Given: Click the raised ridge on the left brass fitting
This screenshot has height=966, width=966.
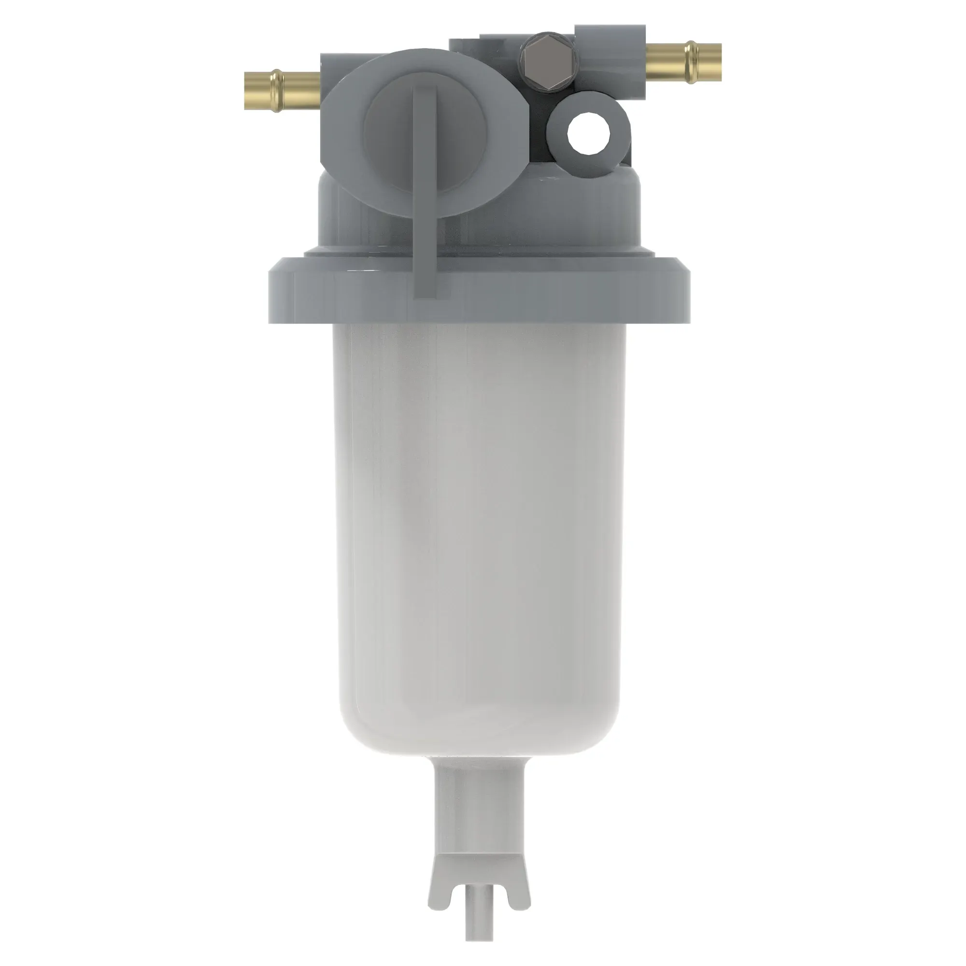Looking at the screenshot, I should (275, 90).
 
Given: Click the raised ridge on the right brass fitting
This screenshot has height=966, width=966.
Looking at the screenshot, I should (692, 62).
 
